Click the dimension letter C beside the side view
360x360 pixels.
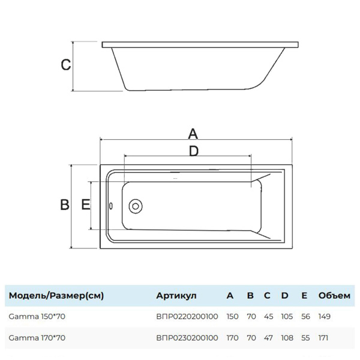(66, 65)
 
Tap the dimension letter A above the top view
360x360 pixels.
(193, 133)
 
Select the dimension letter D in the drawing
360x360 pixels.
(193, 151)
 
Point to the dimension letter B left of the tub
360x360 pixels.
(65, 205)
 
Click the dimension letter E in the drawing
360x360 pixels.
(85, 205)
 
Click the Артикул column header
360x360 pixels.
(176, 295)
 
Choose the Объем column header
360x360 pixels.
(334, 295)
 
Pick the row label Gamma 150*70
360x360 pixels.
(37, 316)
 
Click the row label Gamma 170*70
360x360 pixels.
(37, 338)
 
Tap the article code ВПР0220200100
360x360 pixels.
(187, 316)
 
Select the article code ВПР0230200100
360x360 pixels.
(187, 338)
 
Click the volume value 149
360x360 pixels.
(325, 316)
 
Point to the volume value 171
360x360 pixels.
(325, 338)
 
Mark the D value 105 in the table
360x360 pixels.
(287, 316)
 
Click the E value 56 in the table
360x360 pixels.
(305, 316)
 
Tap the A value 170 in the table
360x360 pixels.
(232, 338)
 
